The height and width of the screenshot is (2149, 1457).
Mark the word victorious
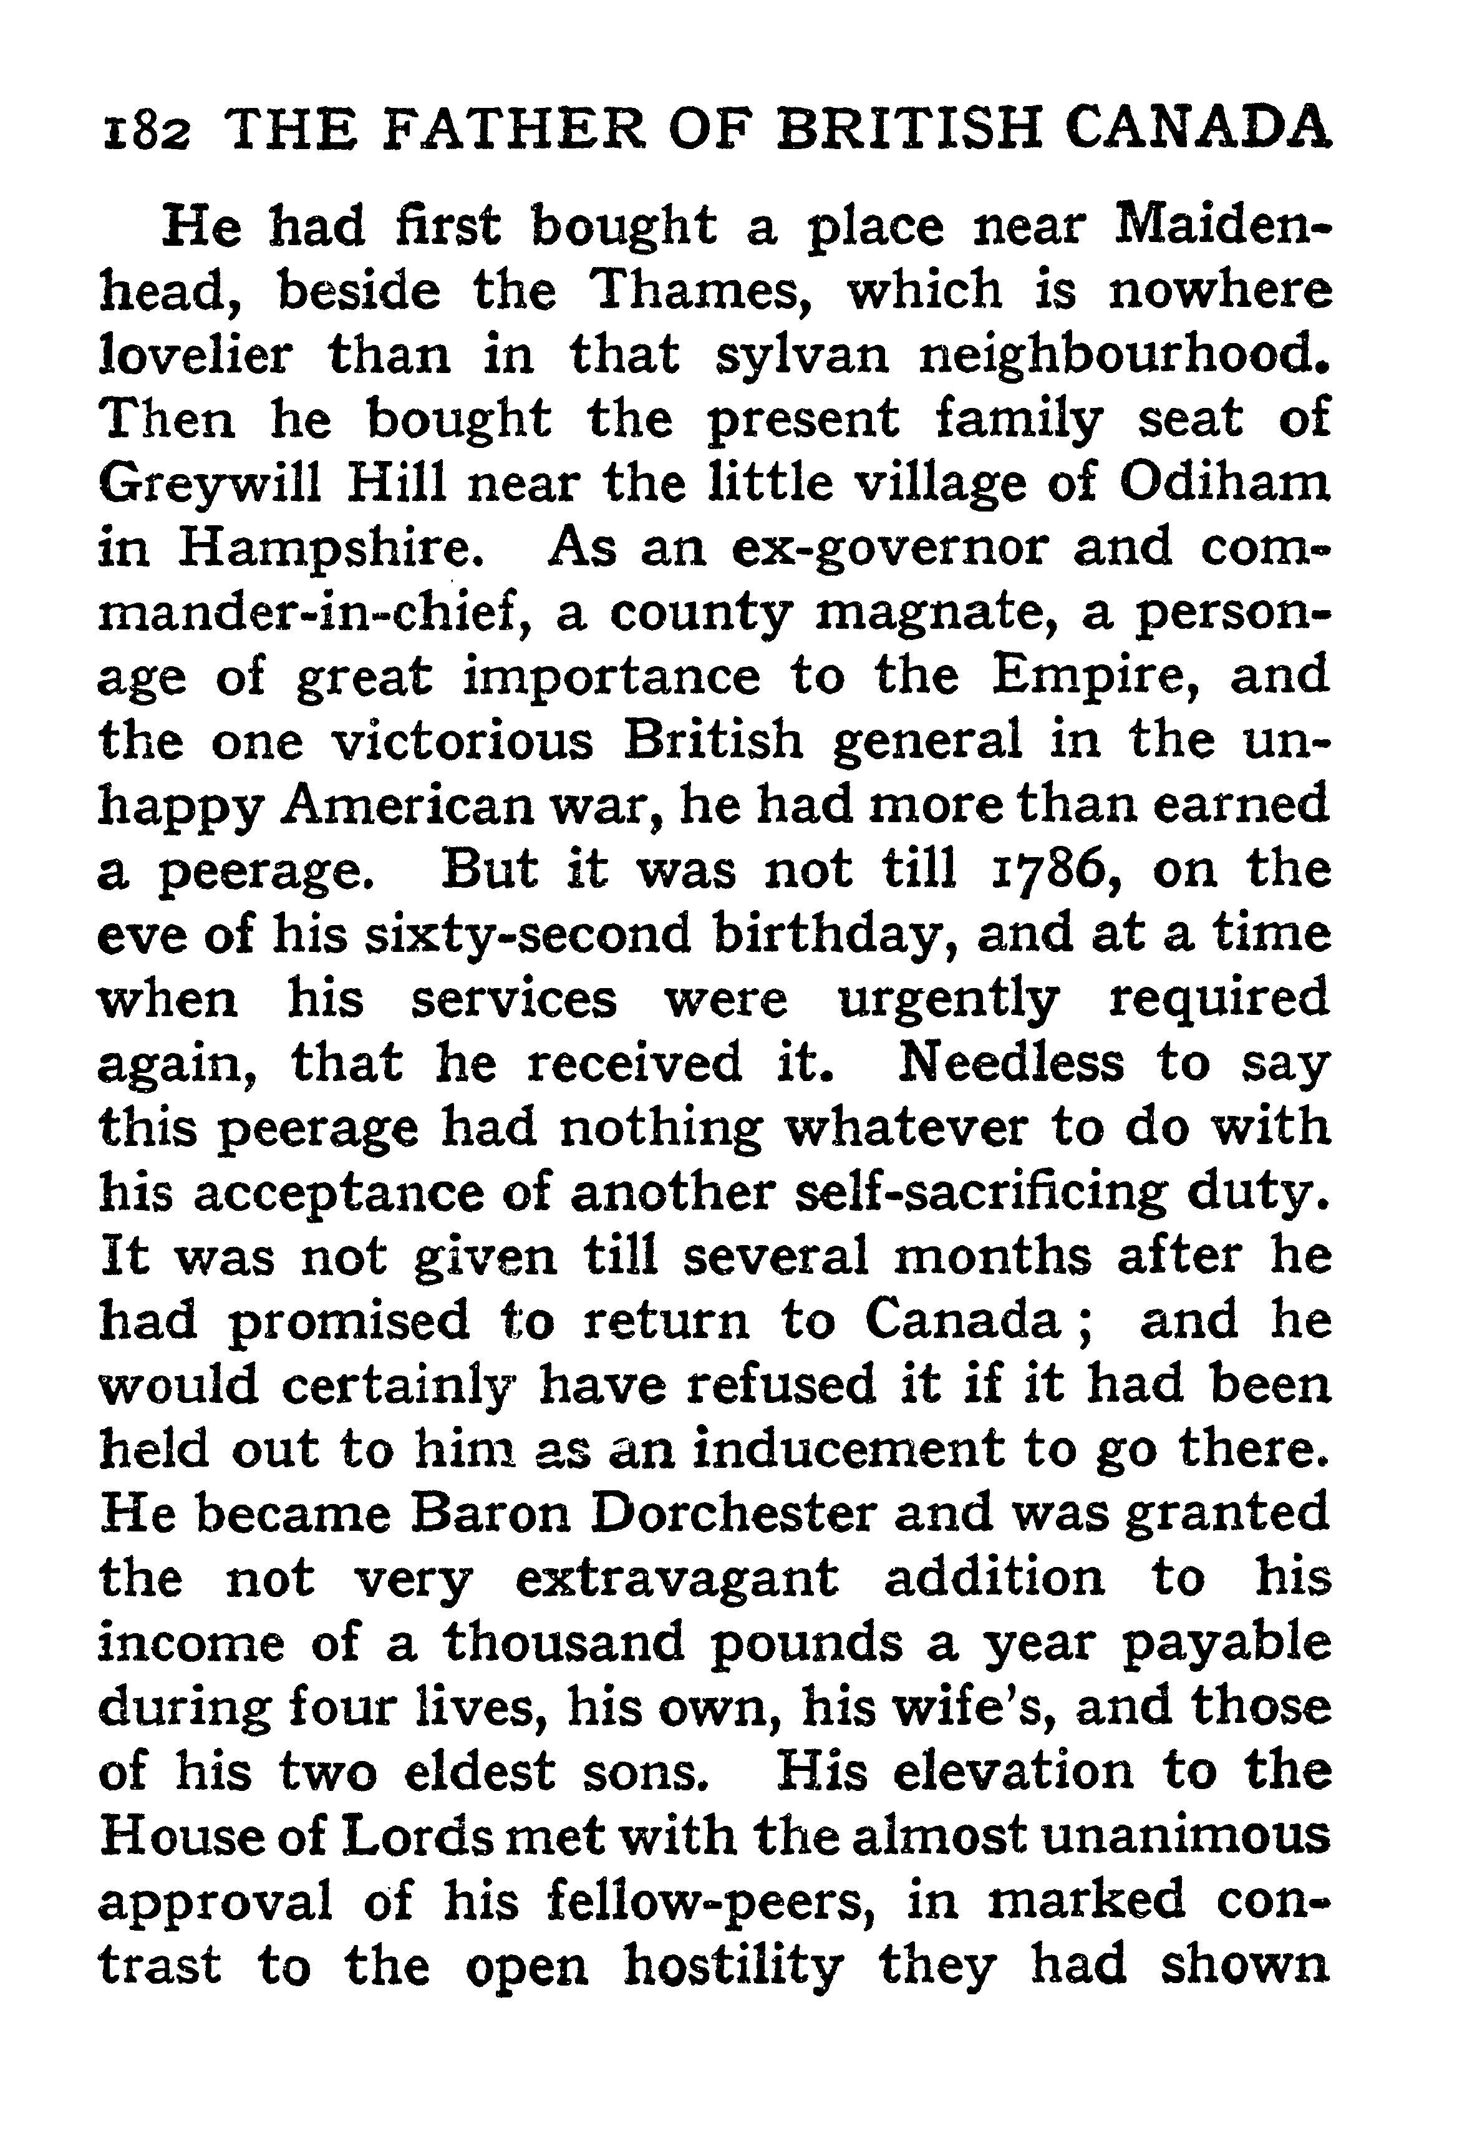pyautogui.click(x=462, y=742)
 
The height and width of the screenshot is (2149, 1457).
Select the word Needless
pyautogui.click(x=1012, y=1064)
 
